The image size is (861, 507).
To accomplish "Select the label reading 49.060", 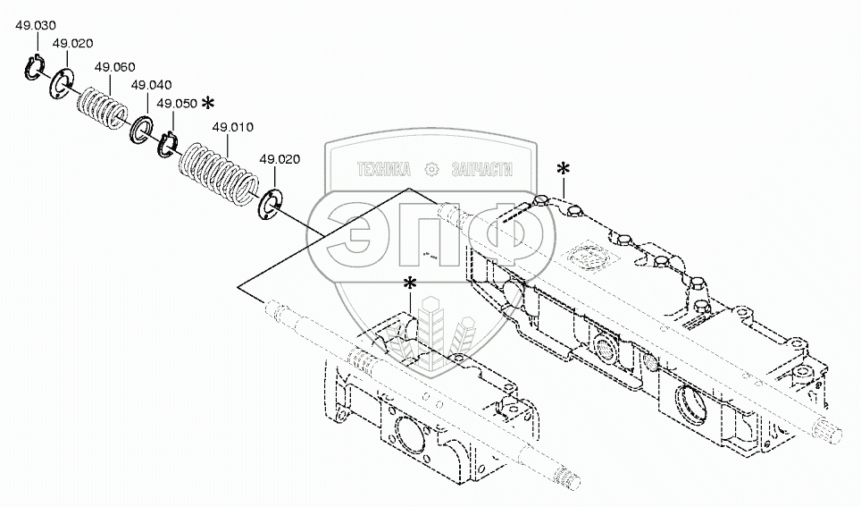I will (x=114, y=67).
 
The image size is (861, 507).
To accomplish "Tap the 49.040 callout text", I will (x=151, y=85).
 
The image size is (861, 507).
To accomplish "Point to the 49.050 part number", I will (x=177, y=104).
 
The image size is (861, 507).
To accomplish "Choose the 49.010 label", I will (x=233, y=128).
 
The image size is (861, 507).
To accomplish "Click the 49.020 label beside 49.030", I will (x=73, y=44).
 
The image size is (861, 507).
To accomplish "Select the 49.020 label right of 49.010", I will (x=280, y=159).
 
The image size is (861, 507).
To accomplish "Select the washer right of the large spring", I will (x=271, y=205).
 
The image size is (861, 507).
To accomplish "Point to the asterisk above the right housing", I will (x=563, y=168).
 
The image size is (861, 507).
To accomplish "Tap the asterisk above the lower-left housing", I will (x=410, y=284).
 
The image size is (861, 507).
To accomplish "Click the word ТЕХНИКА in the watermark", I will (x=383, y=169).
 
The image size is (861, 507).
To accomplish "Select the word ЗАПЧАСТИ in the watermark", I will (x=482, y=169).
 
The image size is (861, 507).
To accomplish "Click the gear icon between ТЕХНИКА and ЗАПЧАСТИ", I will (x=431, y=169).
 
